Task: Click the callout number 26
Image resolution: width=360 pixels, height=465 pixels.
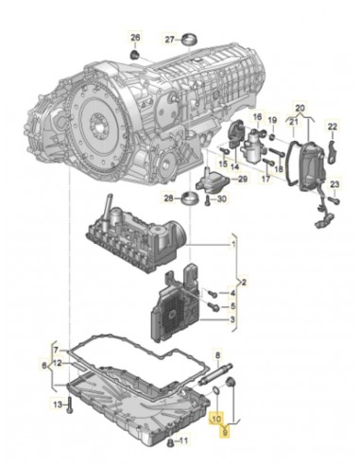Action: (x=134, y=38)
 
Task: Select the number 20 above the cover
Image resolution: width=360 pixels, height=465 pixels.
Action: (x=300, y=109)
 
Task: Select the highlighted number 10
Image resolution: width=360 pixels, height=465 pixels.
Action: (x=216, y=417)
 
